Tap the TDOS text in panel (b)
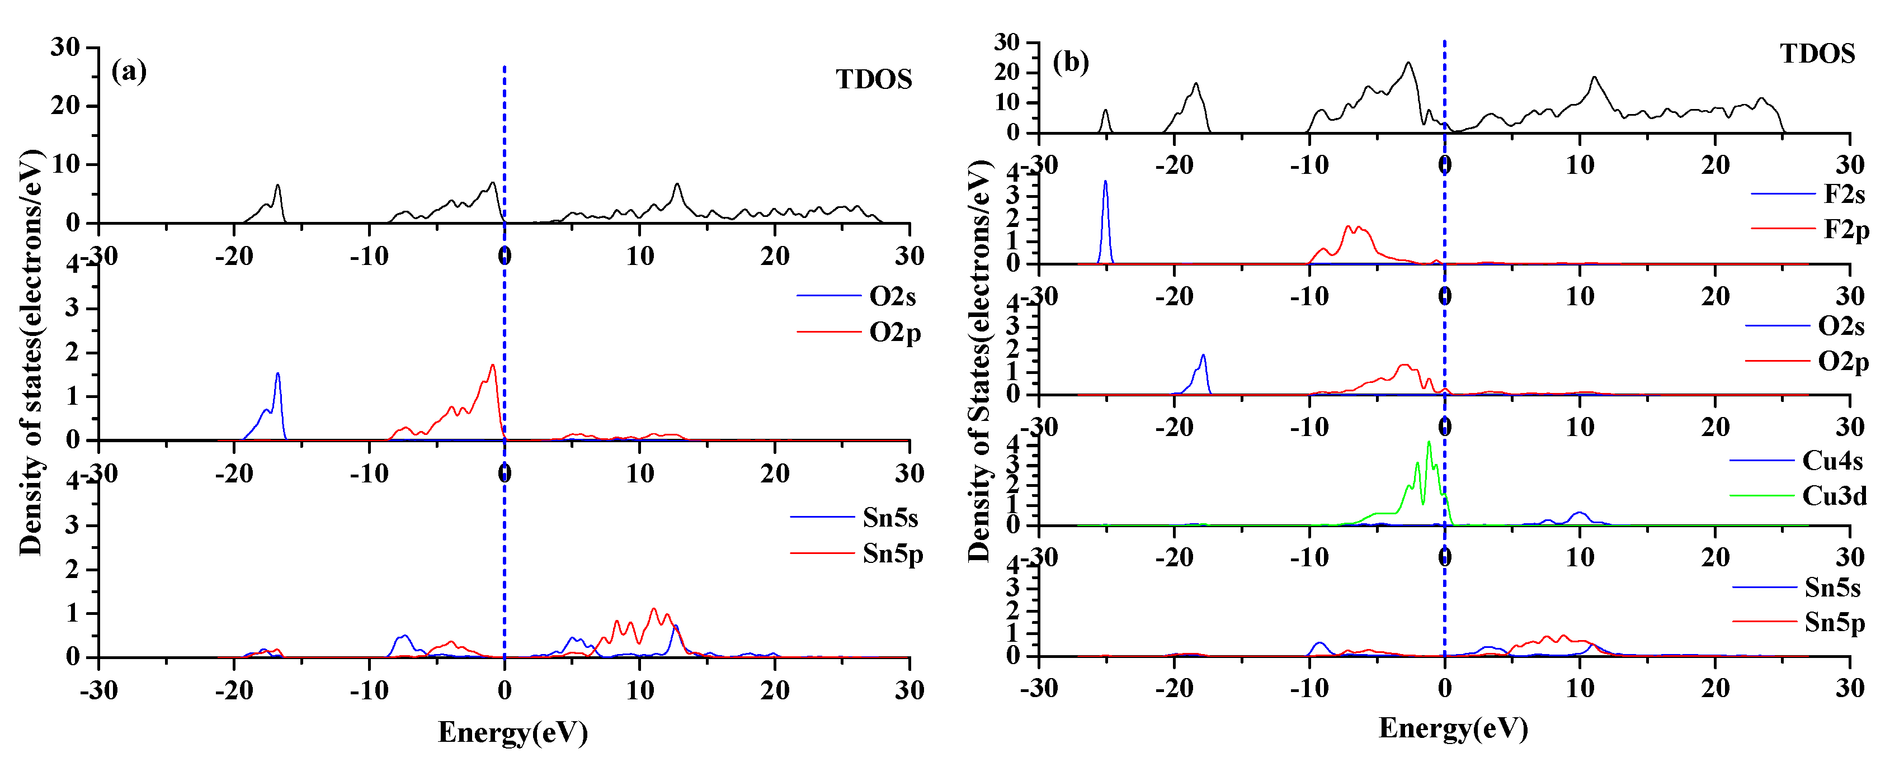(x=1817, y=54)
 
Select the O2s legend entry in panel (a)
(x=892, y=296)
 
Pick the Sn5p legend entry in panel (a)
(x=892, y=553)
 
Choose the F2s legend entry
(x=1844, y=195)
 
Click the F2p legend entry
(x=1846, y=230)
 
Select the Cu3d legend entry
(x=1834, y=496)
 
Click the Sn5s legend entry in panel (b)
(x=1831, y=588)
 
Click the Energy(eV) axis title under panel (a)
(x=513, y=733)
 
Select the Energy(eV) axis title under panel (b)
(x=1453, y=728)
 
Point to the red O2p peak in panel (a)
(x=492, y=366)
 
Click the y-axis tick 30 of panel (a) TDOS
(x=65, y=48)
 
